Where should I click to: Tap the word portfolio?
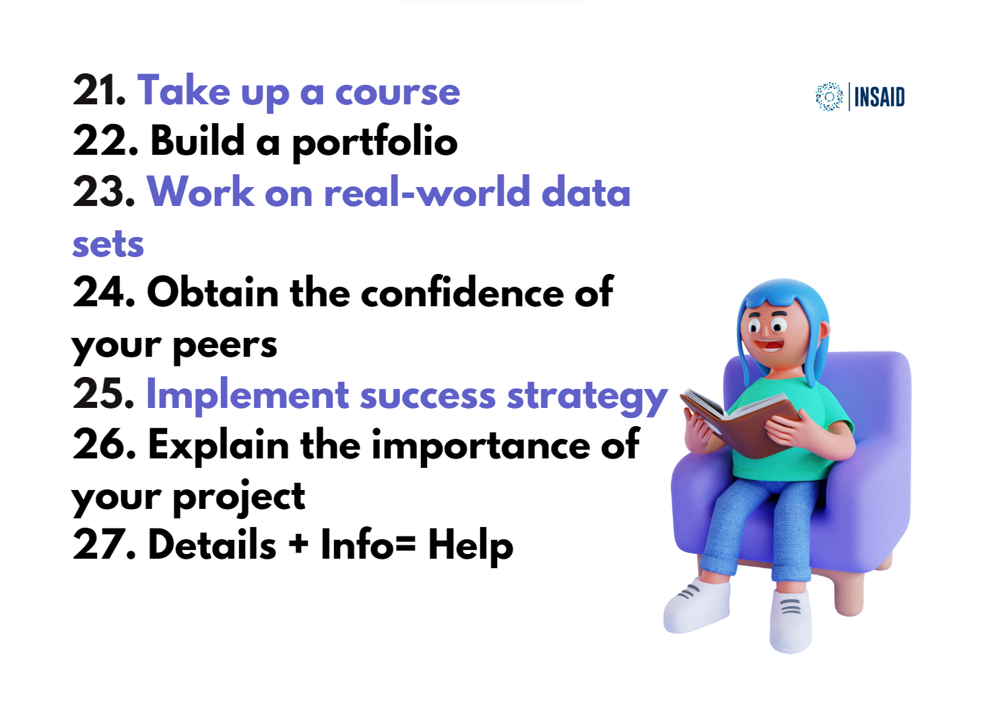point(374,143)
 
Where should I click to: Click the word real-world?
point(427,192)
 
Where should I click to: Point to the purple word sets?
point(108,244)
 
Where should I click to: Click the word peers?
point(224,347)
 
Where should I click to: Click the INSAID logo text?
point(880,97)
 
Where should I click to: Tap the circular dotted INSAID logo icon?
point(828,96)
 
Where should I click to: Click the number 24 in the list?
point(103,292)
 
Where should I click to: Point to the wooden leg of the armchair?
point(849,593)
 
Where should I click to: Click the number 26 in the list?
point(104,445)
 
